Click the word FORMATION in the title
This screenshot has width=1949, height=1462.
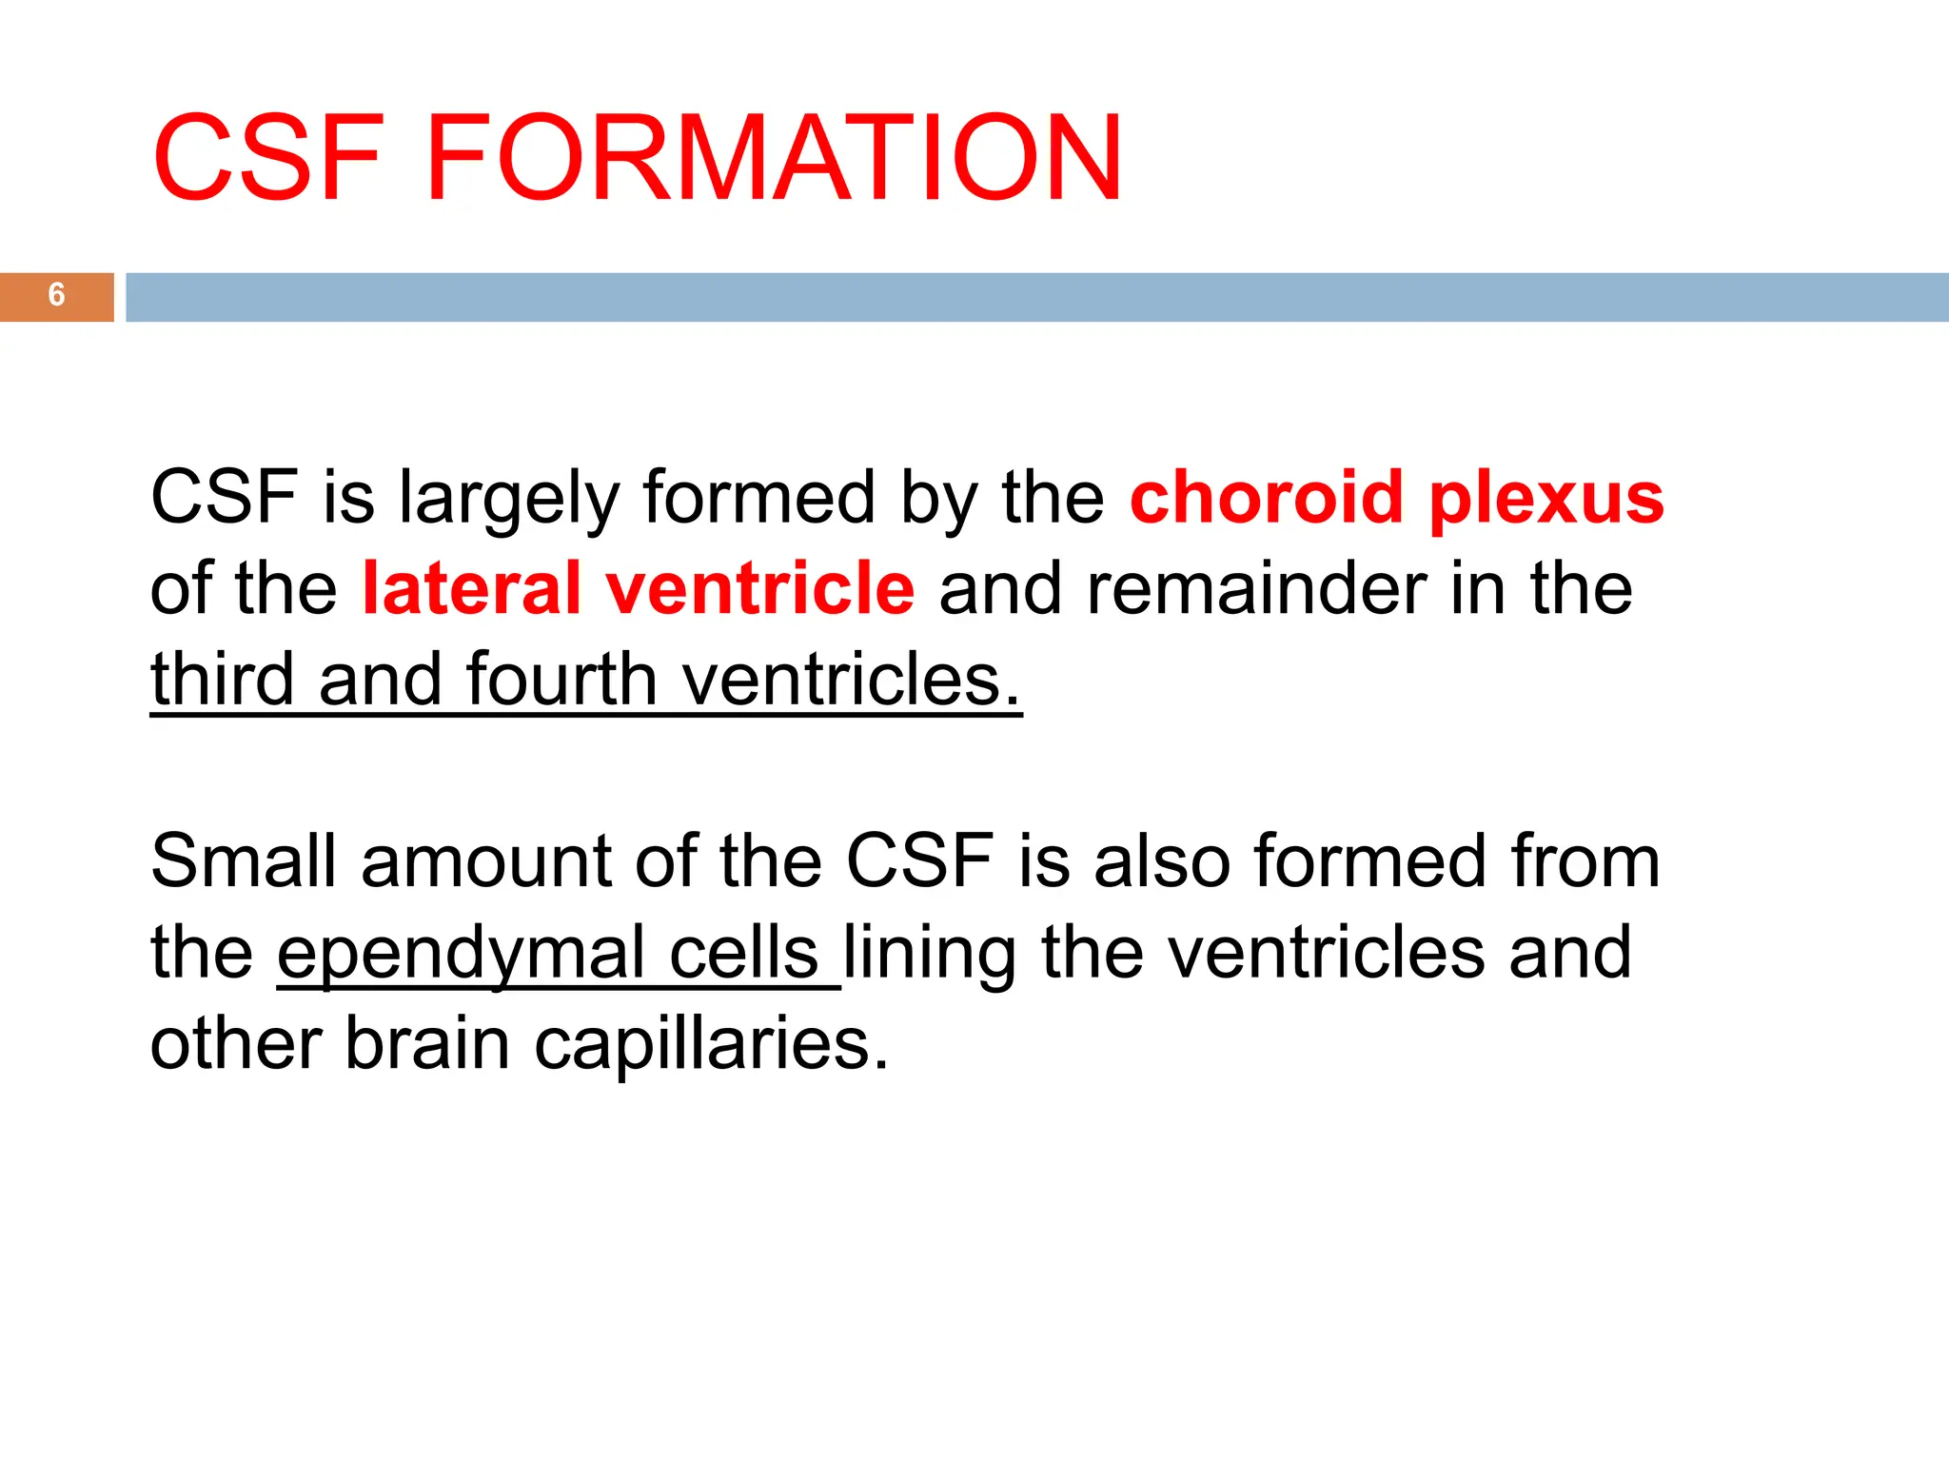click(x=774, y=158)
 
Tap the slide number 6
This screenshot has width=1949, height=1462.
click(x=57, y=295)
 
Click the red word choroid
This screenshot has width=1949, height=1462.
click(x=1266, y=497)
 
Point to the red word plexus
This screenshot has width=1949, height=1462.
click(x=1546, y=499)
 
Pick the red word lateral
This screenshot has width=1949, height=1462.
click(x=471, y=588)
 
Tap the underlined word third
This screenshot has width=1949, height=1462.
click(x=222, y=679)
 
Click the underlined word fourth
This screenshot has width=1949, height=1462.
click(x=561, y=679)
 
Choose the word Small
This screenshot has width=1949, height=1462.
click(x=244, y=860)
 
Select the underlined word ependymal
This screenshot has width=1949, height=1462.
click(x=461, y=954)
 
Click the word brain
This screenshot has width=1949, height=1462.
click(x=426, y=1043)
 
